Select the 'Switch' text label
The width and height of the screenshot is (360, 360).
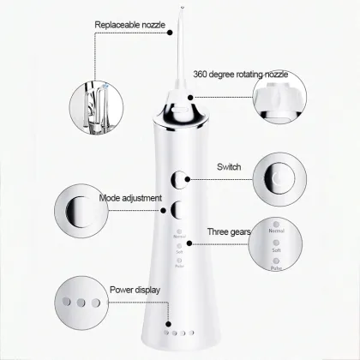[229, 166]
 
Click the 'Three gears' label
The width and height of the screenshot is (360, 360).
[227, 231]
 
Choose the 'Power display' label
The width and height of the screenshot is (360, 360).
[135, 290]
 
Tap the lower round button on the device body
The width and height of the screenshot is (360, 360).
[180, 209]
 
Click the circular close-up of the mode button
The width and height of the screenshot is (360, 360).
[80, 210]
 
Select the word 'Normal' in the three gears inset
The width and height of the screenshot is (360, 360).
[277, 230]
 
